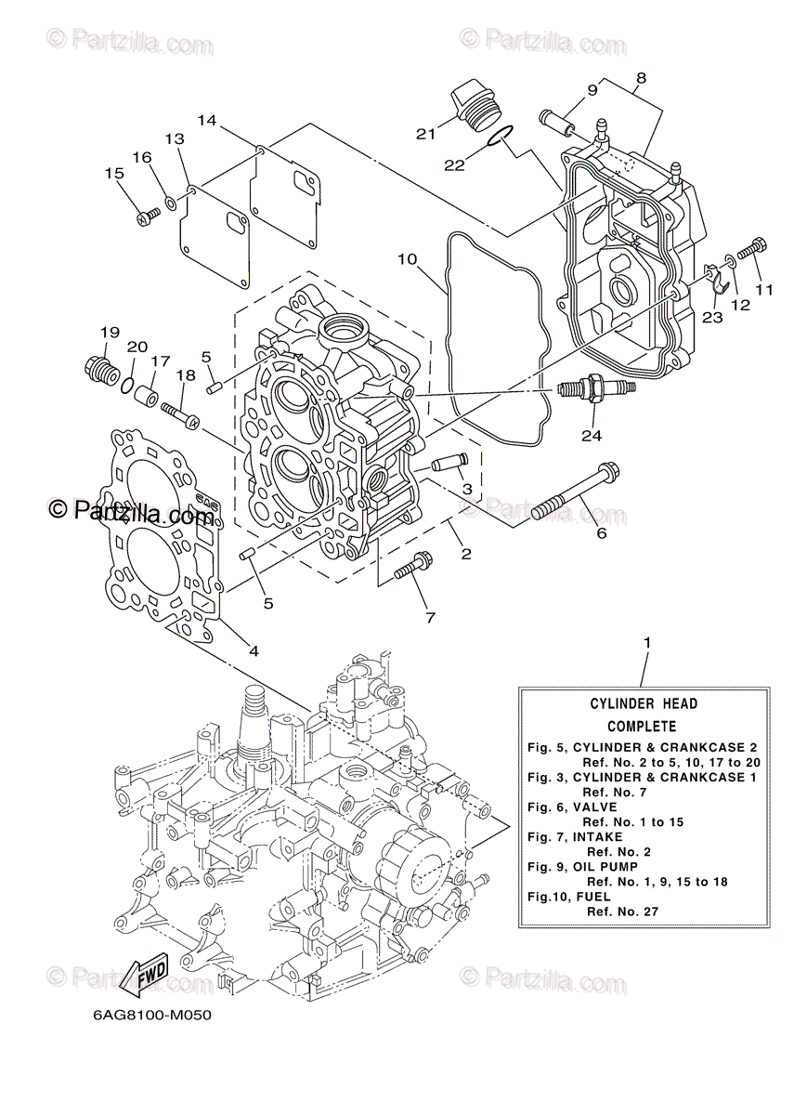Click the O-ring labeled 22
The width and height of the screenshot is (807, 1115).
pyautogui.click(x=498, y=138)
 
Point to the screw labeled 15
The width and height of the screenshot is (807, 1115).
pyautogui.click(x=147, y=216)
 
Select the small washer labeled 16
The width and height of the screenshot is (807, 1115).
pyautogui.click(x=171, y=202)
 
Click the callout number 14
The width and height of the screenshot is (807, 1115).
pyautogui.click(x=206, y=120)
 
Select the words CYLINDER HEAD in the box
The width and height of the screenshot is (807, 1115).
pyautogui.click(x=643, y=704)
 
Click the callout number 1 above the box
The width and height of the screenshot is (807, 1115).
pyautogui.click(x=647, y=642)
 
